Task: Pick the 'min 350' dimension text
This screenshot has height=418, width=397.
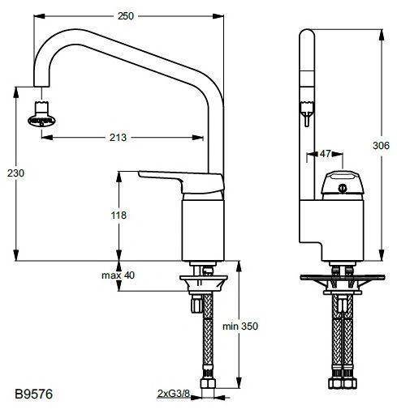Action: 239,327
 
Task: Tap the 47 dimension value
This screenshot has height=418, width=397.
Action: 325,153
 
